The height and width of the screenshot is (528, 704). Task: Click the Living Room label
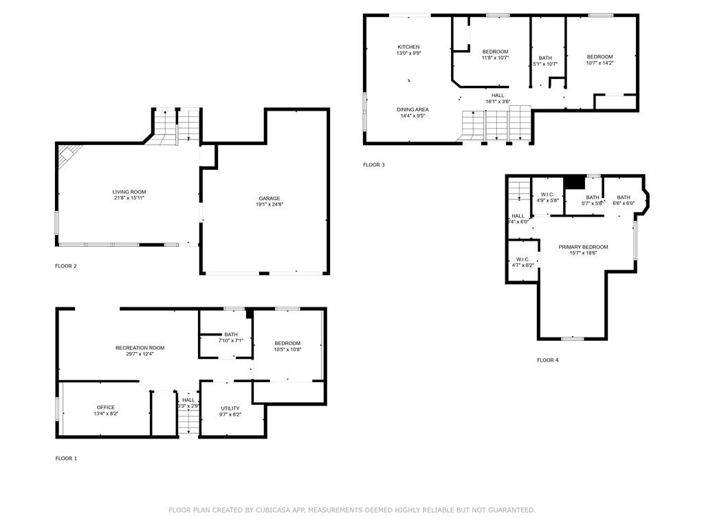(x=129, y=192)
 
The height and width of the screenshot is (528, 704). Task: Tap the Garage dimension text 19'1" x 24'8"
(x=269, y=204)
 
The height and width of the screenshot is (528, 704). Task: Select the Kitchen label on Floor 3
(x=408, y=47)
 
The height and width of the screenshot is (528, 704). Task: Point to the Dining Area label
(x=412, y=109)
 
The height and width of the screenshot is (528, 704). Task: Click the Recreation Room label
(x=140, y=348)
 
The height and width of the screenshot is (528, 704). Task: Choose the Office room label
(x=106, y=407)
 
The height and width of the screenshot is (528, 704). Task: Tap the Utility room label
(x=230, y=408)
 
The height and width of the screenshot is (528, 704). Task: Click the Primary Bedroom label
(x=583, y=247)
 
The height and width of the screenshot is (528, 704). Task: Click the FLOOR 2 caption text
(x=66, y=265)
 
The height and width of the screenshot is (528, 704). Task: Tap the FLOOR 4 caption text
(x=548, y=360)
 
